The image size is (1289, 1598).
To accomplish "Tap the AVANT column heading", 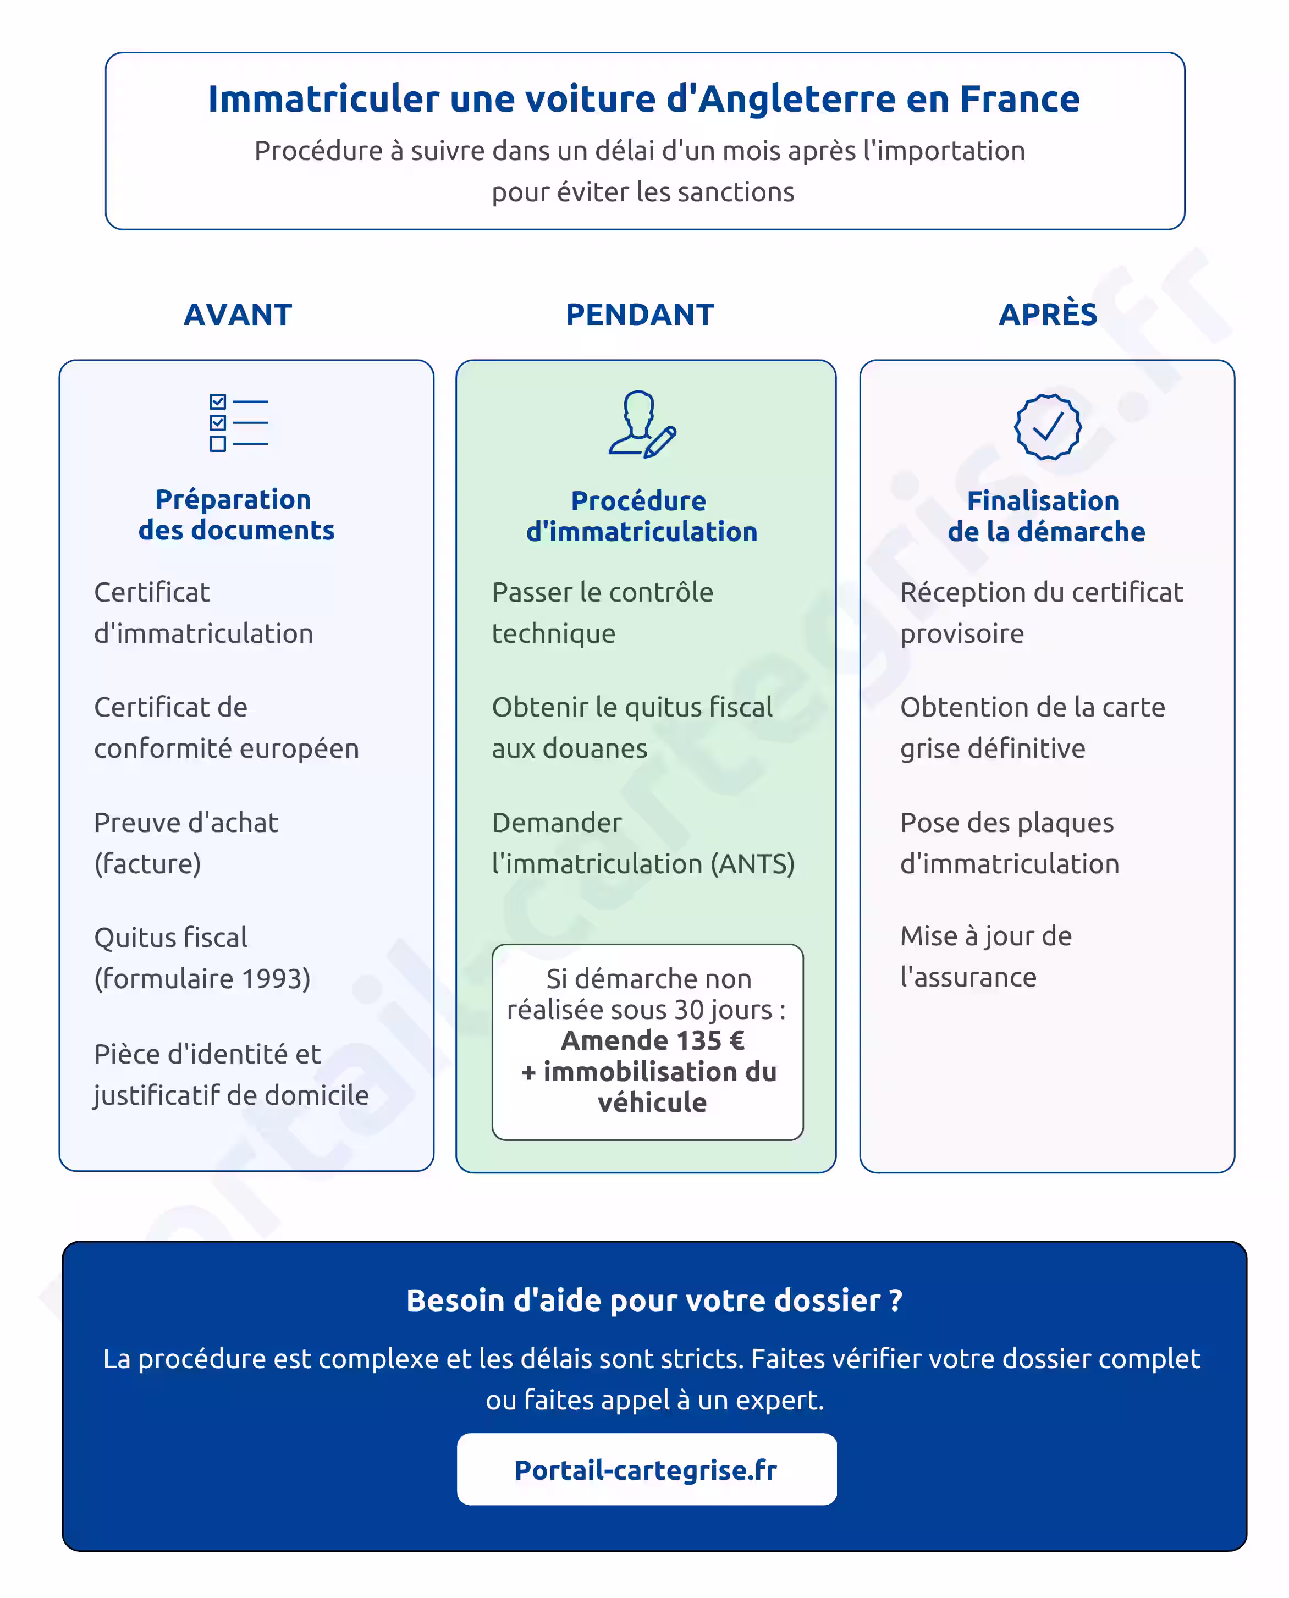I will coord(238,315).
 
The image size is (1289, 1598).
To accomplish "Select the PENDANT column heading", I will coord(640,315).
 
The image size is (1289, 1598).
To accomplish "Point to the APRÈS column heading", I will coord(1048,315).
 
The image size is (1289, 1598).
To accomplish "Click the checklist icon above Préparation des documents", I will coord(238,422).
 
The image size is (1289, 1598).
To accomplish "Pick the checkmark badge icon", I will coord(1048,426).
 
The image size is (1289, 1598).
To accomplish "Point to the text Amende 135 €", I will coord(653,1040).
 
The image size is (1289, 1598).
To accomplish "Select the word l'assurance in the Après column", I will coord(968,977).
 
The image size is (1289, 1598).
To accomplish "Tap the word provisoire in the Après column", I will coord(962,633).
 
